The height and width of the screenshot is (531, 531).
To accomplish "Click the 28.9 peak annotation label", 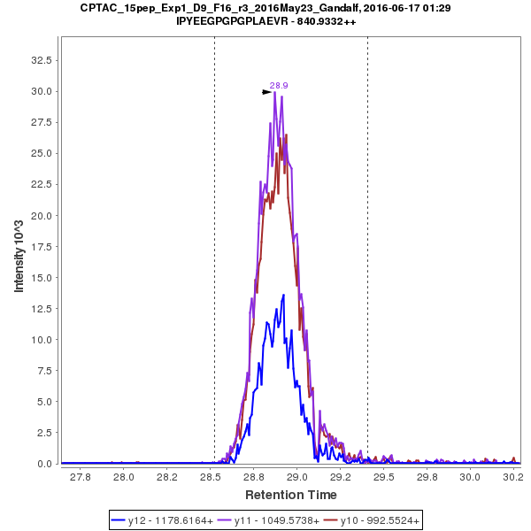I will point(279,85).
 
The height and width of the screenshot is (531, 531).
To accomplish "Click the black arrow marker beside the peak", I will point(266,91).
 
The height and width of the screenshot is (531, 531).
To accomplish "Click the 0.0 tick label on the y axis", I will point(43,464).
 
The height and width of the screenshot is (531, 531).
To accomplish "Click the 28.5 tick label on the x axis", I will point(210,478).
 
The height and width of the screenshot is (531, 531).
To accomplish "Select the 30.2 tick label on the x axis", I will point(512,478).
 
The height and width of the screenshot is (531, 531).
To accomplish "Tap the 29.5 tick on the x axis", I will point(382,478).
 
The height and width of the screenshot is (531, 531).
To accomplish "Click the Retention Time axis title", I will point(290,494).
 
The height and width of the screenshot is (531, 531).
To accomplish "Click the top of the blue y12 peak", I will point(283,296).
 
